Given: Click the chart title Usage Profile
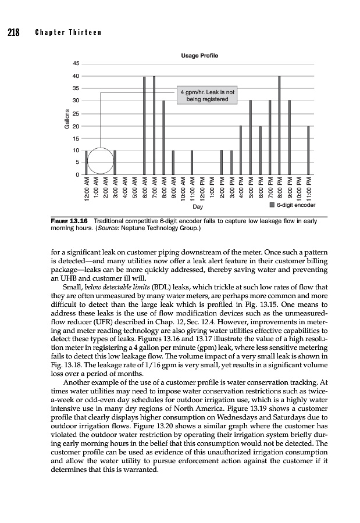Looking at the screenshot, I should pos(199,55).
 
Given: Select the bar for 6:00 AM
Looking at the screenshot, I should pos(144,125).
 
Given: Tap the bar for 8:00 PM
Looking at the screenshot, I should pos(279,125).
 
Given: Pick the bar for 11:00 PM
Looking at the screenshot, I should pos(308,150).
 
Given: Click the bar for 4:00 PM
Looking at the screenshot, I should pos(241,150).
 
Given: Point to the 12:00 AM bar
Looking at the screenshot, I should pos(87,162).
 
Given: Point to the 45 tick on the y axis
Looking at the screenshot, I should pos(76,63).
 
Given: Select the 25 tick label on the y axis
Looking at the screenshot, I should pos(76,113).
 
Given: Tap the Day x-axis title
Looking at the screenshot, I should pos(198,207).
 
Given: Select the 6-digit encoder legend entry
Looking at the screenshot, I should pos(293,205).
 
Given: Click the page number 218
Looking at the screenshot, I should pos(13,31).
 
